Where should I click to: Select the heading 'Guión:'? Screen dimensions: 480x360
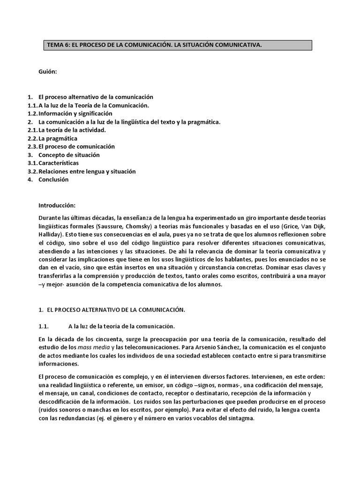(48, 72)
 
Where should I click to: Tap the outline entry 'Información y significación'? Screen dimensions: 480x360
(75, 113)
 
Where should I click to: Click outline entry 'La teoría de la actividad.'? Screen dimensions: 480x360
(72, 130)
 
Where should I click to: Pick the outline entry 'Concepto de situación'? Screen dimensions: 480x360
(69, 155)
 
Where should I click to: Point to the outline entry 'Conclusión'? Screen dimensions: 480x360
(53, 180)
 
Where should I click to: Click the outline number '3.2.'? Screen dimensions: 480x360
(32, 172)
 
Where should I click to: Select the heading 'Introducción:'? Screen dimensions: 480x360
(57, 205)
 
